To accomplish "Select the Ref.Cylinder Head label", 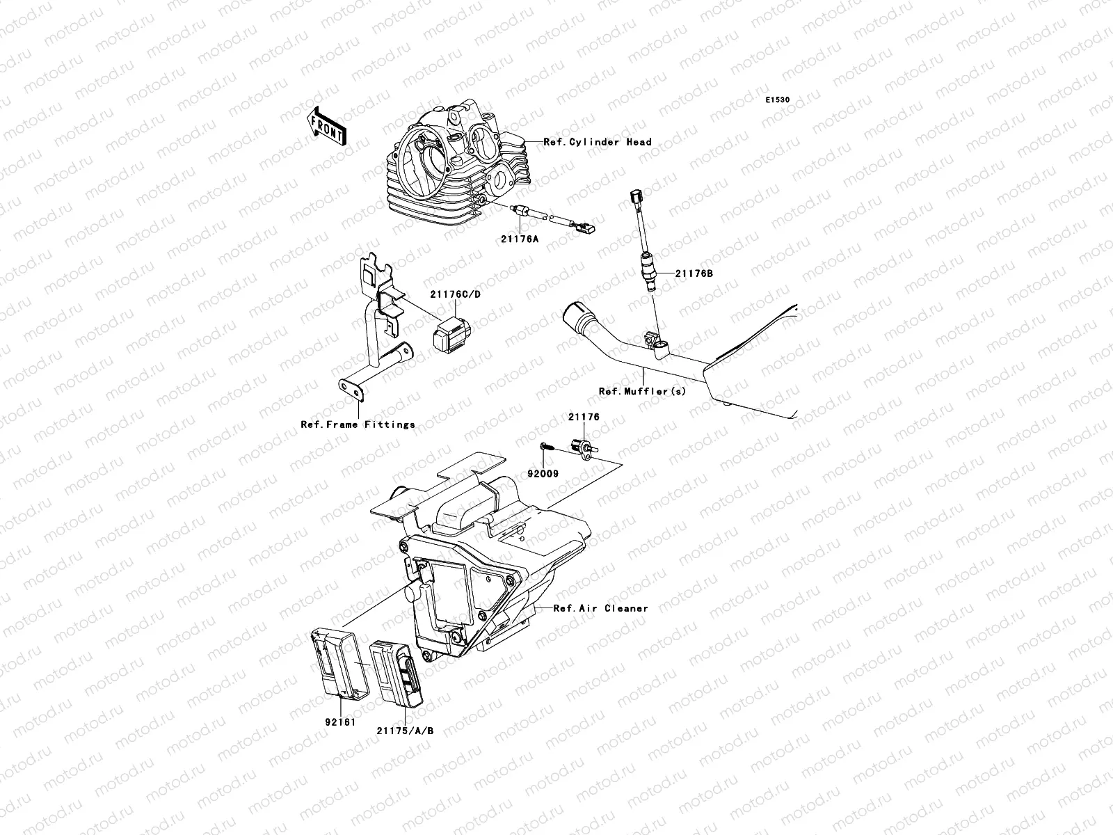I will click(x=598, y=142).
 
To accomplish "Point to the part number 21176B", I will click(x=694, y=273).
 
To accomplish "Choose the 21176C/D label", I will click(x=456, y=294).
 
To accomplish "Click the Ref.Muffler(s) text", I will click(x=642, y=391).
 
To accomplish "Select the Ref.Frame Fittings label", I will click(x=358, y=424).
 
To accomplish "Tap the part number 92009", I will click(x=543, y=473).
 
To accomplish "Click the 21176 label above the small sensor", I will click(x=584, y=417).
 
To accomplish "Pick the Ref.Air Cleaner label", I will click(x=601, y=608).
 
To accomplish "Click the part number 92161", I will click(x=341, y=722).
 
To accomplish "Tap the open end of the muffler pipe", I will click(x=577, y=311).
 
